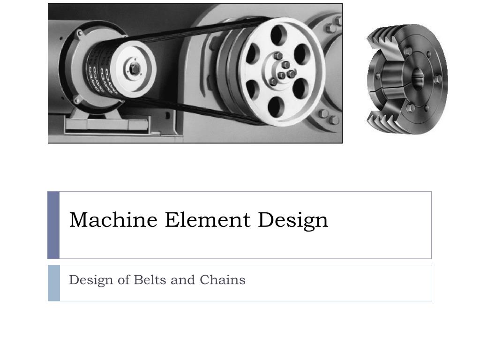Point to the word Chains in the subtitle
tap(222, 280)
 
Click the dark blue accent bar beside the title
tap(53, 225)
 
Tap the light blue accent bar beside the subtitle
tap(54, 283)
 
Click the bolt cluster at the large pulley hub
tap(283, 71)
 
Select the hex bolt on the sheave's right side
tap(438, 80)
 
